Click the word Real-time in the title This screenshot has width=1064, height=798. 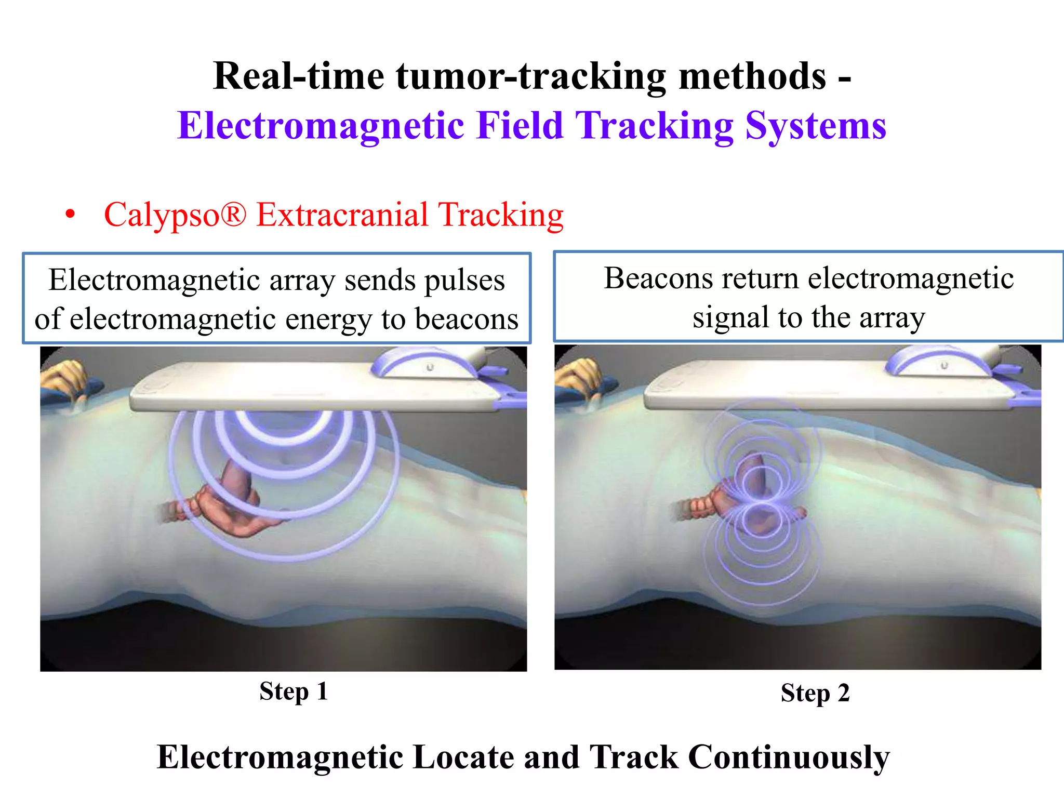coord(298,76)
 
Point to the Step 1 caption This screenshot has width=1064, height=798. coord(294,691)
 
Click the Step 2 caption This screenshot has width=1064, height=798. coord(815,693)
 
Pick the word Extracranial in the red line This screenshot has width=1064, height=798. coord(342,215)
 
